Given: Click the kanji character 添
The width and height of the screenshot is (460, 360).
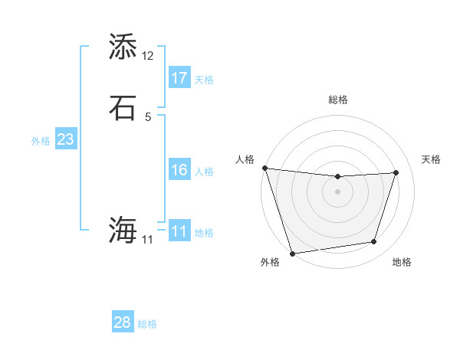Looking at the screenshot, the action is click(123, 47).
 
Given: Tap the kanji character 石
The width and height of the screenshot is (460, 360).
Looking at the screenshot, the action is click(123, 107).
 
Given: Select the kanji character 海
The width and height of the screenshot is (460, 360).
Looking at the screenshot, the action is click(123, 229).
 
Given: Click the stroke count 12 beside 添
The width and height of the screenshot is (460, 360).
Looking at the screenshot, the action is click(148, 56).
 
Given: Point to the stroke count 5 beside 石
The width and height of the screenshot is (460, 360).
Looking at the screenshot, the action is click(148, 116).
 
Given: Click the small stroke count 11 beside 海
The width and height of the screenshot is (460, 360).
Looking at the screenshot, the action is click(147, 240).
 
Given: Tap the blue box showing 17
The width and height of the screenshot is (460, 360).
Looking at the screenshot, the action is click(179, 78).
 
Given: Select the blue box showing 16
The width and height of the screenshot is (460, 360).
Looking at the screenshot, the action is click(179, 170).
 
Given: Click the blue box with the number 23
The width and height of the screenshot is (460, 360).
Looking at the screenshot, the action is click(65, 140).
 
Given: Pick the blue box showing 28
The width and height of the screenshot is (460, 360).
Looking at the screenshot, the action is click(122, 322).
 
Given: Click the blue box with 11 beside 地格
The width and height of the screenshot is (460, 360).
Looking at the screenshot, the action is click(179, 231).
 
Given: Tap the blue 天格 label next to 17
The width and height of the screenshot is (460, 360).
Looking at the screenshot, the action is click(204, 80).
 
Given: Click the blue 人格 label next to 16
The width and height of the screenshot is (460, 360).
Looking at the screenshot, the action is click(204, 172).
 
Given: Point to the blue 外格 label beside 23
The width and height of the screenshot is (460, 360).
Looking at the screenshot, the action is click(41, 141).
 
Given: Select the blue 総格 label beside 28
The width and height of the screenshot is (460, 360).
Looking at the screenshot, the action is click(147, 324).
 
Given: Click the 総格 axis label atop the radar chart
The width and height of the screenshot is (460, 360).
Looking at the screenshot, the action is click(338, 100).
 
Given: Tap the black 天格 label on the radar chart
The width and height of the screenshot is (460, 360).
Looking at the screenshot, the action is click(432, 159).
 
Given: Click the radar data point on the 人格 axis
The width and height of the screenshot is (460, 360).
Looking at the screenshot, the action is click(264, 168).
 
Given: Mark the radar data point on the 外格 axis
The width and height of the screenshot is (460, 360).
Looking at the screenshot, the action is click(292, 253).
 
